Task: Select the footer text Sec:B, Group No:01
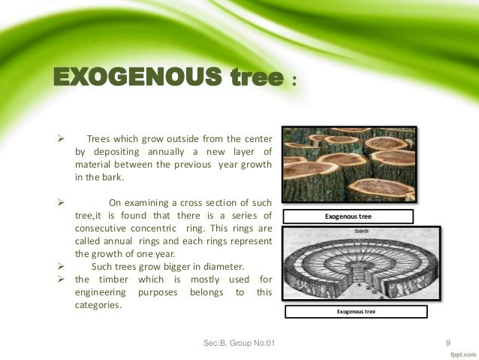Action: point(239,343)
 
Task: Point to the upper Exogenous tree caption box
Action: point(348,217)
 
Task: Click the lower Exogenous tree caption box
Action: point(357,312)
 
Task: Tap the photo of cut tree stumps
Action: point(348,165)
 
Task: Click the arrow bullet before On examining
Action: point(64,202)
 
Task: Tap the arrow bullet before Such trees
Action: point(64,265)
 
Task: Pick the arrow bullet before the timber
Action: point(64,280)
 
